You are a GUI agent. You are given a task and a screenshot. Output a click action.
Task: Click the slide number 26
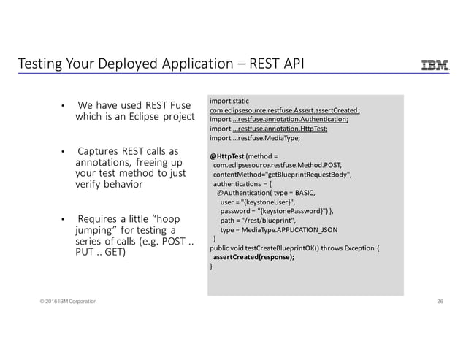point(440,301)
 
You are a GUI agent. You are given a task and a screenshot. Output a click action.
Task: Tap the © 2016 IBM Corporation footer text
point(62,301)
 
